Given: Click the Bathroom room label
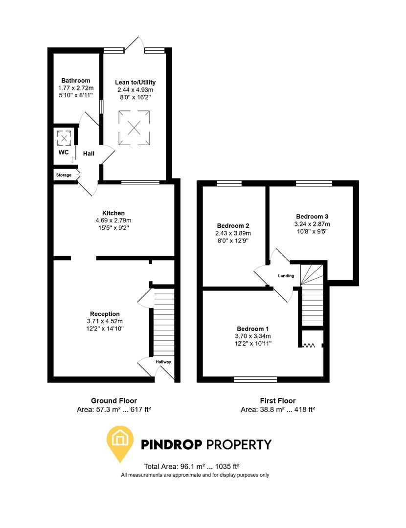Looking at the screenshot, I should (x=76, y=81).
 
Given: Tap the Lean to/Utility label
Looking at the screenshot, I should (x=135, y=83).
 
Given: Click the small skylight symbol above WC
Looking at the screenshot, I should (x=64, y=138).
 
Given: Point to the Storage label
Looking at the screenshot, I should (x=64, y=175).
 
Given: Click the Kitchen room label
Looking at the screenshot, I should (x=113, y=213).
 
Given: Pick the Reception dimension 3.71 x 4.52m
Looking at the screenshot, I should (x=105, y=321).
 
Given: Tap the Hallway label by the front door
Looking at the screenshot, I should (x=163, y=362).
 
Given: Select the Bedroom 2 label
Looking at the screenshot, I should (x=233, y=226).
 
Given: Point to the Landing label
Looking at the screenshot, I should (x=286, y=276).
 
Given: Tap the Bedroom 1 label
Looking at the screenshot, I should (x=253, y=329).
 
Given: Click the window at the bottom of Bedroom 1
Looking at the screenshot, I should (x=255, y=379).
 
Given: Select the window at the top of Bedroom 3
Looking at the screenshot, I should (x=314, y=183).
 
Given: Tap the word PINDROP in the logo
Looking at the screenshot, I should (x=171, y=444).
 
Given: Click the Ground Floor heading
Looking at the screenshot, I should (x=114, y=401).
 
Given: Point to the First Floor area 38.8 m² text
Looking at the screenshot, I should (x=277, y=410).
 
